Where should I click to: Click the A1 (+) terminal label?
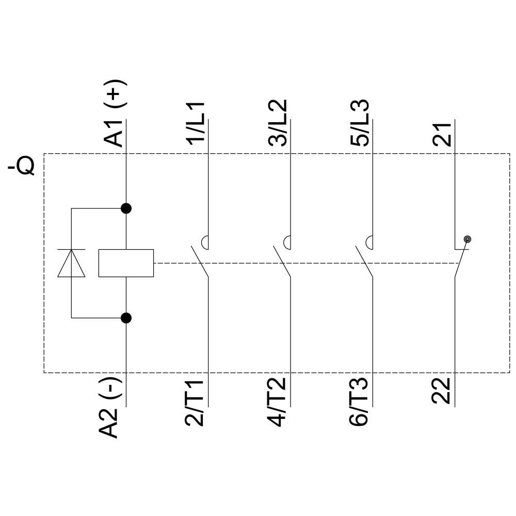[114, 114]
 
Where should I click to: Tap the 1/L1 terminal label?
[196, 124]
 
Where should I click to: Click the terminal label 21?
[442, 133]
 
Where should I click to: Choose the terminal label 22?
[442, 391]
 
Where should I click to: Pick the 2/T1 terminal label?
[195, 402]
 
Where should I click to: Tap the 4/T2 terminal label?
[278, 402]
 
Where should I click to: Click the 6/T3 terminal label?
[359, 402]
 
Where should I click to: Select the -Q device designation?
[22, 167]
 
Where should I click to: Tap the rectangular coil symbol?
[126, 263]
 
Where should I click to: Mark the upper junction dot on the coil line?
[126, 208]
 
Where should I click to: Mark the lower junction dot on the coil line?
[126, 318]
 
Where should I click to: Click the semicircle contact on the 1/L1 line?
[205, 241]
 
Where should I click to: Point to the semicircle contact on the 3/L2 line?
[287, 241]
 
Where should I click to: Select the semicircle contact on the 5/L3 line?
[369, 241]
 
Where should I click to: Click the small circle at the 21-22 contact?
[467, 239]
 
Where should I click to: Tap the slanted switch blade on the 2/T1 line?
[199, 262]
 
